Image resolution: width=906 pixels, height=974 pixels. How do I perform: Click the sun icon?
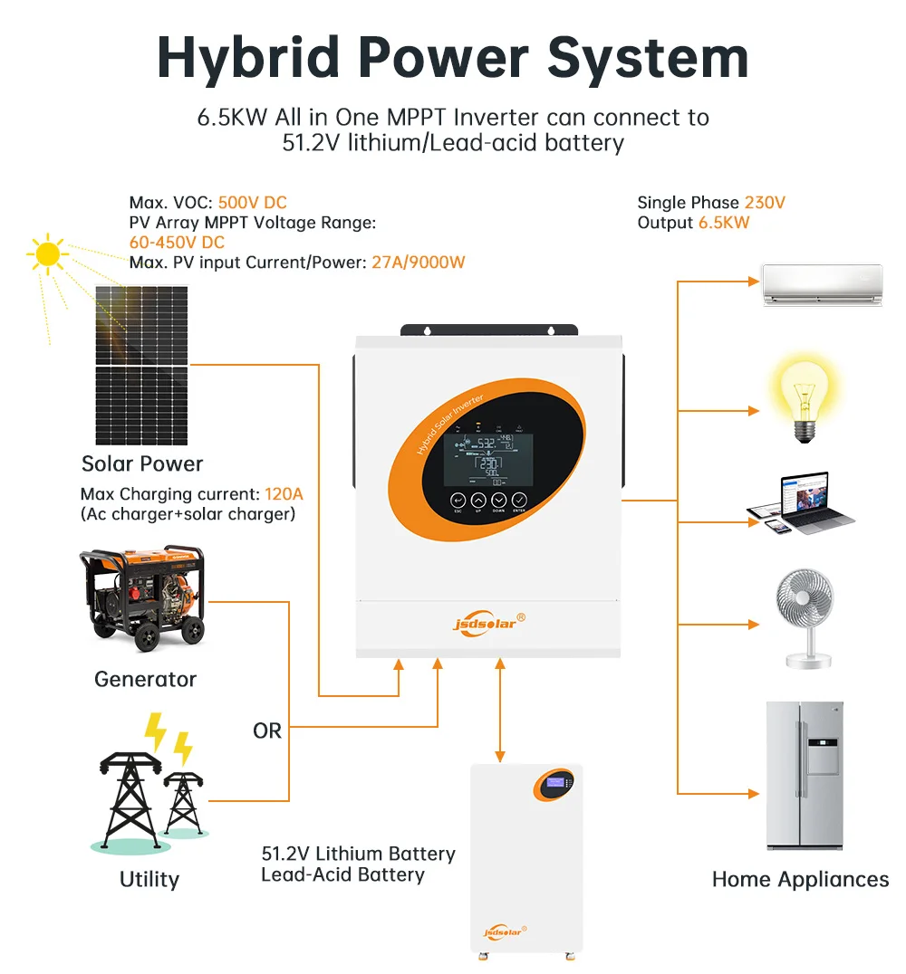pyautogui.click(x=48, y=254)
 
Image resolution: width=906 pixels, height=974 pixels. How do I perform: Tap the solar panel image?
pyautogui.click(x=142, y=366)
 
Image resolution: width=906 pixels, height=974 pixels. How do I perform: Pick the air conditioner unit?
pyautogui.click(x=822, y=284)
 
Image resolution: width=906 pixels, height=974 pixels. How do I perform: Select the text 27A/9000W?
pyautogui.click(x=419, y=263)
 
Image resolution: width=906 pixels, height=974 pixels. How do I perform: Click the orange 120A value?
pyautogui.click(x=284, y=494)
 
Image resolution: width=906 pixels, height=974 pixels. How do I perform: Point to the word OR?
pyautogui.click(x=267, y=730)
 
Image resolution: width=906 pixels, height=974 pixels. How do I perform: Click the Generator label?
pyautogui.click(x=145, y=679)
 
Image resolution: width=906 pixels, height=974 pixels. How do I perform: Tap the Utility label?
pyautogui.click(x=149, y=879)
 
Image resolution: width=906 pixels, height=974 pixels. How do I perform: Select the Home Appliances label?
pyautogui.click(x=800, y=879)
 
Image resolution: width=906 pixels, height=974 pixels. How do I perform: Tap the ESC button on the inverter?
pyautogui.click(x=458, y=501)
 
